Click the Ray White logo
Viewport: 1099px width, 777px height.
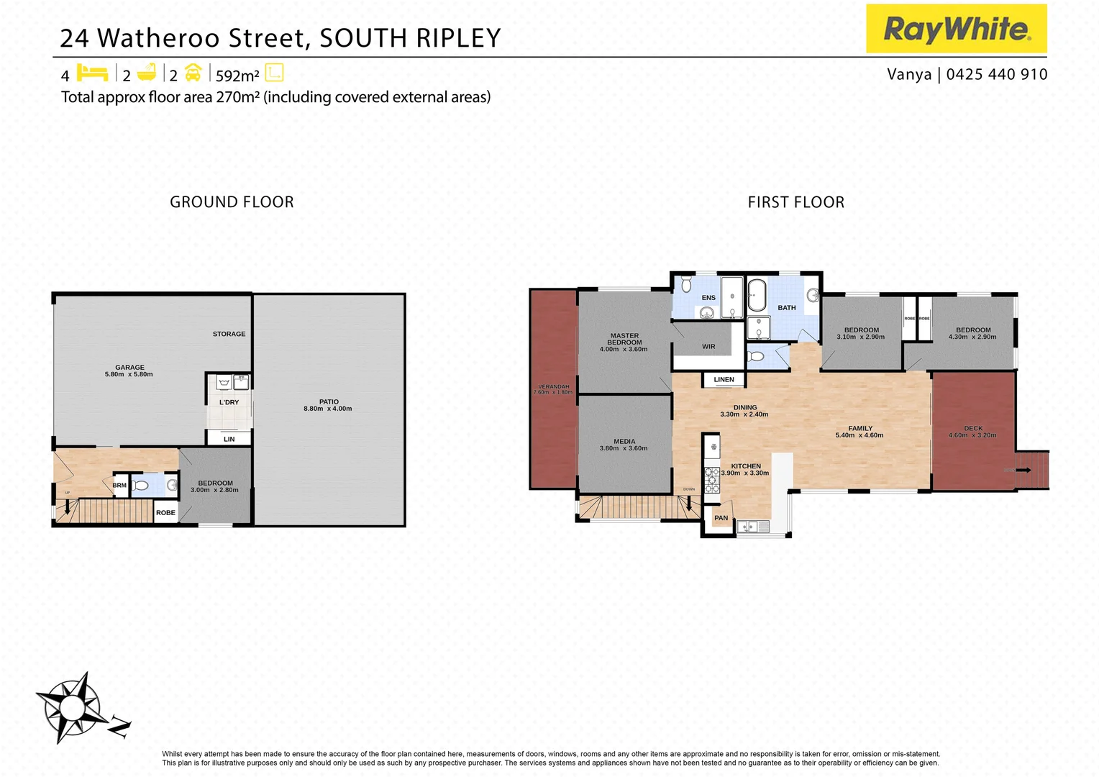(956, 29)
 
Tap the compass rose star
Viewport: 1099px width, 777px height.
(70, 707)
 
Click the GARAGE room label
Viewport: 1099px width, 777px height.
(129, 368)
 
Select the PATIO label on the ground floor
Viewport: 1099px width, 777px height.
(329, 402)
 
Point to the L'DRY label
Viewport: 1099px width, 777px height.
(229, 402)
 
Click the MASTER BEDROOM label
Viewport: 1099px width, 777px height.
(624, 339)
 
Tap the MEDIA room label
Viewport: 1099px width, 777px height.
(624, 442)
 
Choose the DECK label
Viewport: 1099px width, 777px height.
(973, 428)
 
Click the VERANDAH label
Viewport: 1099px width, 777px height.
(554, 387)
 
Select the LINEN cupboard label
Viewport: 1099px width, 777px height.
(724, 380)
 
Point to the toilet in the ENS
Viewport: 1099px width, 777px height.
(685, 281)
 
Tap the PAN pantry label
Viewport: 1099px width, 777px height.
(721, 518)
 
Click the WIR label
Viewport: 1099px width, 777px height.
(708, 347)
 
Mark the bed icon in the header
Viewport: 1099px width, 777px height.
(92, 73)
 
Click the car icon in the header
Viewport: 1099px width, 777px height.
(193, 73)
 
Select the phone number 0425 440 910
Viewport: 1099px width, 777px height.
(997, 74)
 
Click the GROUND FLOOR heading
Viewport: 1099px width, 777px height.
(232, 202)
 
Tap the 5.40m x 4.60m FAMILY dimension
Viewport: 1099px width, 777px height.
(859, 435)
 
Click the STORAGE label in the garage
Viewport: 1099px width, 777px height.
(229, 334)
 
